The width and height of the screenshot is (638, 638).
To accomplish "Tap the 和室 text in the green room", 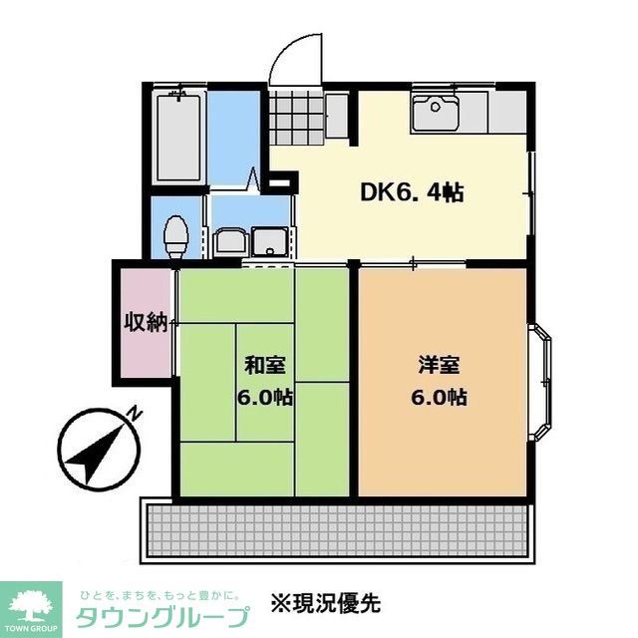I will (x=263, y=365).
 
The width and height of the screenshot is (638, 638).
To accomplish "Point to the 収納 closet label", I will (x=145, y=322).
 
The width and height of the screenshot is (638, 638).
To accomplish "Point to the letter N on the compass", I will (x=135, y=412).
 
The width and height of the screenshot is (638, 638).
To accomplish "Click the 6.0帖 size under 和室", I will (x=263, y=397).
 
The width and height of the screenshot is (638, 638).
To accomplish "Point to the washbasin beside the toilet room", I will (x=232, y=240).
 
